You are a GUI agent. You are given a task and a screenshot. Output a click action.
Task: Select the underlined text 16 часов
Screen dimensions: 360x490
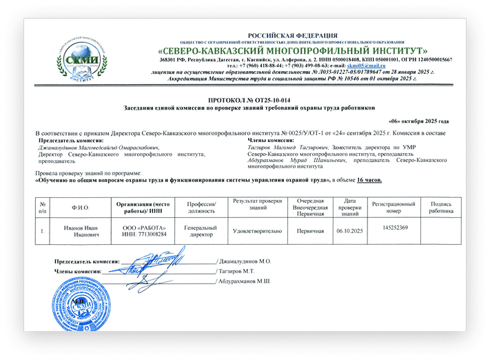(x=369, y=179)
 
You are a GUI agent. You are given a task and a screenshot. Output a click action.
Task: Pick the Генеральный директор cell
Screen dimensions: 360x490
(x=197, y=231)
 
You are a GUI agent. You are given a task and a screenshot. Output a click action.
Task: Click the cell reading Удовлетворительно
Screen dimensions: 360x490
(x=254, y=231)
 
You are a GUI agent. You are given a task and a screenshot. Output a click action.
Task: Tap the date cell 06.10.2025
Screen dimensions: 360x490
(x=349, y=231)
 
